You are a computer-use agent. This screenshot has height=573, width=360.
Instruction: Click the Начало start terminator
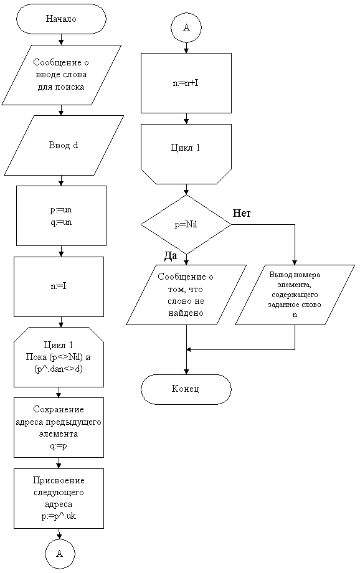click(x=61, y=19)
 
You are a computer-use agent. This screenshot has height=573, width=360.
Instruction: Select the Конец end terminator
click(x=186, y=389)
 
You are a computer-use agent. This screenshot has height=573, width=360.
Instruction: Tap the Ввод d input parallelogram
click(x=64, y=146)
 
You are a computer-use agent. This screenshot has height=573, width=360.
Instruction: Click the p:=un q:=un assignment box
click(x=61, y=215)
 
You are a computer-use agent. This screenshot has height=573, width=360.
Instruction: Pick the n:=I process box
click(x=59, y=286)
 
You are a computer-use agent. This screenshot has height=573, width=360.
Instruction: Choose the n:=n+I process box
click(x=186, y=83)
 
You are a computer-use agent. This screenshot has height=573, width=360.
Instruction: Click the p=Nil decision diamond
click(x=186, y=224)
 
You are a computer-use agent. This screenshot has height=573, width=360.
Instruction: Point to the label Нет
click(x=242, y=213)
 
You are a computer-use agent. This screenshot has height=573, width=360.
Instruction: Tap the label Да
click(x=170, y=256)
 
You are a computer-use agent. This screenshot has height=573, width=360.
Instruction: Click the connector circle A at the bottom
click(x=60, y=554)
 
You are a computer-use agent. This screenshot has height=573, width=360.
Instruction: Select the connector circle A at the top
click(x=186, y=28)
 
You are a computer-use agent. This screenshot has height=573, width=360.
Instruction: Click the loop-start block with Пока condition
click(x=59, y=357)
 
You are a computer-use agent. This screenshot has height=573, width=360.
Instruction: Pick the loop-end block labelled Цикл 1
click(x=186, y=154)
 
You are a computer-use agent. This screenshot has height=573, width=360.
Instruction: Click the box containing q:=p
click(x=59, y=427)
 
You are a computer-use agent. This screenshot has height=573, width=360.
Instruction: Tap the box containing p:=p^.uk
click(x=59, y=498)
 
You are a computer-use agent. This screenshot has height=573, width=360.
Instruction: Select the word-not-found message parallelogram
click(x=186, y=295)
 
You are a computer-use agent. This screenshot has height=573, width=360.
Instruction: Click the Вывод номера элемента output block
click(x=295, y=295)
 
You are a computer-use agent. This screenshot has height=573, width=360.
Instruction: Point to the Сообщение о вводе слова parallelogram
click(x=61, y=75)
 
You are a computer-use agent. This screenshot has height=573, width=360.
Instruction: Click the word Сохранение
click(x=59, y=409)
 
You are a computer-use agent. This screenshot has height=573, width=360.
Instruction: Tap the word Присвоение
click(x=59, y=480)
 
